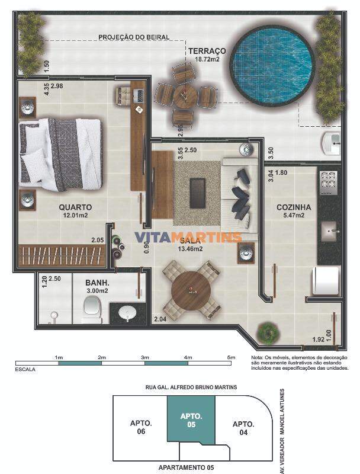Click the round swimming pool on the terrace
click(272, 66)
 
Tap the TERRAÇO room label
click(207, 51)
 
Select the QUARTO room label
click(75, 207)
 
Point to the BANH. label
click(97, 283)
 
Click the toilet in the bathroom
click(92, 308)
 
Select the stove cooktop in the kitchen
click(328, 182)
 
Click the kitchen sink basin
click(329, 231)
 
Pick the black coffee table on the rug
click(198, 193)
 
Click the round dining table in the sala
click(191, 290)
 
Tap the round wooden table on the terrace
click(185, 97)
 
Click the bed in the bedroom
click(60, 155)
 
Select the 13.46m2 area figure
click(190, 249)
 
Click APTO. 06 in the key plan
click(141, 427)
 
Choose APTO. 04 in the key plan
click(243, 428)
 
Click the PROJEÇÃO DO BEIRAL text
click(134, 37)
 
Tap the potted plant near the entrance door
click(266, 332)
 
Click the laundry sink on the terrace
click(331, 143)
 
